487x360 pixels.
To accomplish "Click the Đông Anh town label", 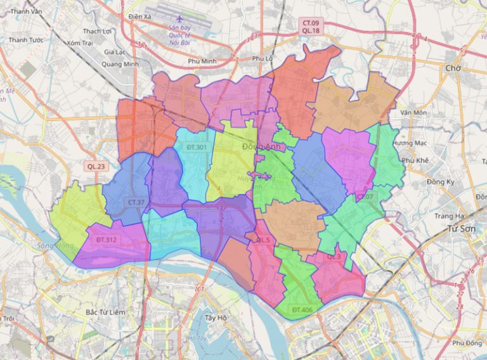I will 261,146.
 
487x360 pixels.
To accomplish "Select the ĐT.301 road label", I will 197,148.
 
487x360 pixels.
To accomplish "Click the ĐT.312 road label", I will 107,240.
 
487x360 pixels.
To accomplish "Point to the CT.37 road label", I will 136,202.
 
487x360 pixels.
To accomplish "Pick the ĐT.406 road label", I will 303,309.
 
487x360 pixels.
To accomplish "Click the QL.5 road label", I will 263,240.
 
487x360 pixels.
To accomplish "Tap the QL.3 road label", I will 334,257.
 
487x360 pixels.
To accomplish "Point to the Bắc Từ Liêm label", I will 105,312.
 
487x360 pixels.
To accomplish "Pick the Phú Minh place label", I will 203,61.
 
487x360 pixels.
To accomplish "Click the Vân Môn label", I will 413,113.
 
